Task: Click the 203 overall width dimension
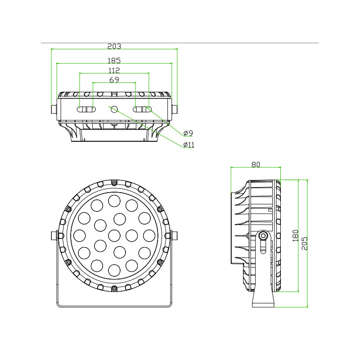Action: (x=114, y=46)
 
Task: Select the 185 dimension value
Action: (x=114, y=60)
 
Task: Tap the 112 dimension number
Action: (x=114, y=70)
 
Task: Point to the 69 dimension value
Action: (x=114, y=80)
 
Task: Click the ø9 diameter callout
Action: (x=188, y=133)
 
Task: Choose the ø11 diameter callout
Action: (x=189, y=144)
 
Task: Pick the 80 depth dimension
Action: (x=256, y=165)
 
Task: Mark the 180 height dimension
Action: (x=296, y=235)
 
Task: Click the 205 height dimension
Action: (x=305, y=243)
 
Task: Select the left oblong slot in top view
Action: (x=86, y=109)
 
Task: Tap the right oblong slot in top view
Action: (x=142, y=109)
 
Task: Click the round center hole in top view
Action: (x=114, y=109)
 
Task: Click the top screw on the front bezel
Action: (x=114, y=182)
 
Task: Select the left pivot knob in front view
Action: (x=54, y=235)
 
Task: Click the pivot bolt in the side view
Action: (x=262, y=235)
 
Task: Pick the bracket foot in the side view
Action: (x=262, y=299)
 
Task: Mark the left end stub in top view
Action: (x=54, y=109)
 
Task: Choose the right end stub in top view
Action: (x=174, y=109)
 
